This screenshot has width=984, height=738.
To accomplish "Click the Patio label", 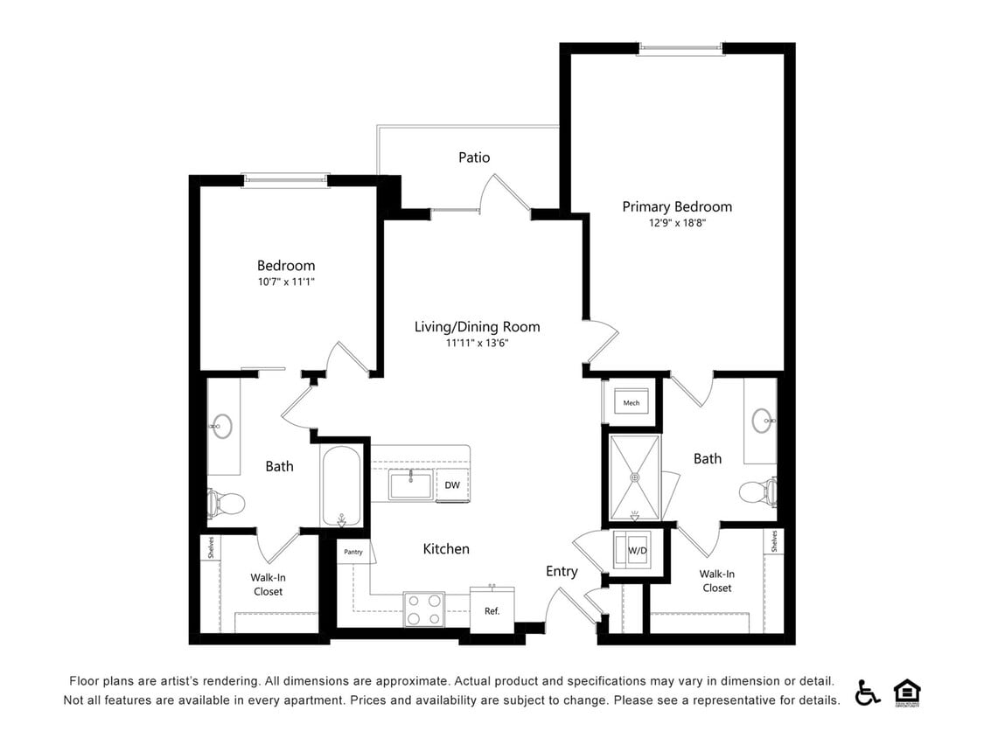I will pyautogui.click(x=474, y=157).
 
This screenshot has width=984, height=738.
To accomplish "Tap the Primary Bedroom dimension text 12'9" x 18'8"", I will pyautogui.click(x=677, y=223).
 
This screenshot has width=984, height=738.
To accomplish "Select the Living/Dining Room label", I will pyautogui.click(x=477, y=327).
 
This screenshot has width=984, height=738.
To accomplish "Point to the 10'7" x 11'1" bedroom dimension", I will pyautogui.click(x=285, y=282).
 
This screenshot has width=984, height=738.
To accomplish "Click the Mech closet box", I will pyautogui.click(x=631, y=403).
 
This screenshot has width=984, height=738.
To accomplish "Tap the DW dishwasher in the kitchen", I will pyautogui.click(x=452, y=485).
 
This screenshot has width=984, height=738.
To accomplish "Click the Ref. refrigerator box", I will pyautogui.click(x=492, y=609).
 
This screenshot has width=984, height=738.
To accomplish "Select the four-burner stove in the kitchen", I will pyautogui.click(x=423, y=609).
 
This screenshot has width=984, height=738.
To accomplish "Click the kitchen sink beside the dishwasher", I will pyautogui.click(x=410, y=484).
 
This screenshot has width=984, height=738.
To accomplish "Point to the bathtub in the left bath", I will pyautogui.click(x=340, y=487).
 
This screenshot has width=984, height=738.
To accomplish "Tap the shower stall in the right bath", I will pyautogui.click(x=635, y=477).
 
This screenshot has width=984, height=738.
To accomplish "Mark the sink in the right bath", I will pyautogui.click(x=761, y=421).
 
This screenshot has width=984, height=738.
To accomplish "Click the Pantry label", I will pyautogui.click(x=353, y=552).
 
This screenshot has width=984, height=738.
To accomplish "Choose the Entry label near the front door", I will pyautogui.click(x=562, y=571).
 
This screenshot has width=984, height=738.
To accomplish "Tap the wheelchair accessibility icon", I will pyautogui.click(x=868, y=692).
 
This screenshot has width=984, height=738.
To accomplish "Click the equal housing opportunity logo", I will pyautogui.click(x=907, y=692).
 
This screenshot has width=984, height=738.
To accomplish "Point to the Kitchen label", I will pyautogui.click(x=446, y=549).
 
